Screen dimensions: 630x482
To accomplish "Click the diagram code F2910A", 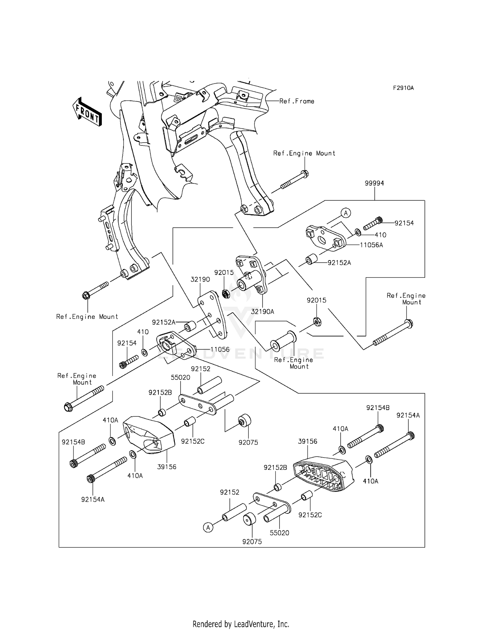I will (403, 88).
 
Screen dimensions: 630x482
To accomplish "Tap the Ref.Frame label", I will (297, 101).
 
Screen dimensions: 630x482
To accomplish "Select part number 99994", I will (374, 183).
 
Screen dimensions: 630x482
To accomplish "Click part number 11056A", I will (371, 245).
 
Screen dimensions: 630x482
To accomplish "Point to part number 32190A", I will (263, 311).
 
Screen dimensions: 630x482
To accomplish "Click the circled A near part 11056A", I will (346, 213).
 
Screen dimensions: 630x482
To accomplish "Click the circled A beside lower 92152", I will (208, 527).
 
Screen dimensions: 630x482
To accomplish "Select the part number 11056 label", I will (220, 349).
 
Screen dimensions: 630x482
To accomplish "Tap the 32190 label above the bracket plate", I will (200, 279).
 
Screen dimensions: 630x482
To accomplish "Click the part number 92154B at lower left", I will (73, 442).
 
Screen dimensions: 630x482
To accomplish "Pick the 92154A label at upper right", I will (408, 415).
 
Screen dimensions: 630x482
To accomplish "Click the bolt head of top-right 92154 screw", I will (379, 220).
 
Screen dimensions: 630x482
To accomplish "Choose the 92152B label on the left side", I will (160, 392).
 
